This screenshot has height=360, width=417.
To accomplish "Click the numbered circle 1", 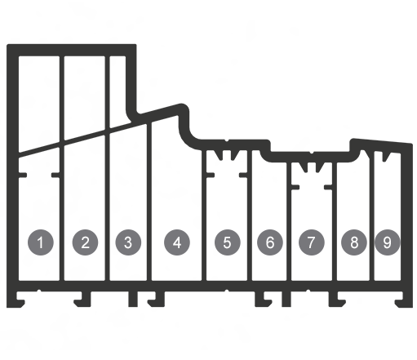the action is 41,242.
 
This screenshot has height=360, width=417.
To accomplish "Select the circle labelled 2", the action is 85,242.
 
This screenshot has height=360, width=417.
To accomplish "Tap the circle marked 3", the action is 128,242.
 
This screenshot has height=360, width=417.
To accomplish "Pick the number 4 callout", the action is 177,242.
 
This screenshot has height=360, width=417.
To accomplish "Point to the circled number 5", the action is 228,242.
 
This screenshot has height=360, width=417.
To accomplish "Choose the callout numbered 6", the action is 270,242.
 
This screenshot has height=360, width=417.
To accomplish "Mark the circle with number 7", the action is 312,242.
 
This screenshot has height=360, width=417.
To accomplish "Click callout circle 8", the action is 354,242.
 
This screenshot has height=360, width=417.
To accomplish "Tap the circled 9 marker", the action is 388,242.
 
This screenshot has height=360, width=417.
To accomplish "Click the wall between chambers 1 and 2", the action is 62,168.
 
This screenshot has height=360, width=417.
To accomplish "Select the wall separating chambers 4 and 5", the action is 204,215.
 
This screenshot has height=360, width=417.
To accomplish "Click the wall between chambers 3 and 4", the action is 149,202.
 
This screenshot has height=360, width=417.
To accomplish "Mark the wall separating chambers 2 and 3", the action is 107,168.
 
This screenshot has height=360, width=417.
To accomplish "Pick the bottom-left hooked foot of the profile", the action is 16,300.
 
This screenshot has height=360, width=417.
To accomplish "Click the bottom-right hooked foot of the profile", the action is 404,300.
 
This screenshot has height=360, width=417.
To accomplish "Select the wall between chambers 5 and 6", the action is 250,215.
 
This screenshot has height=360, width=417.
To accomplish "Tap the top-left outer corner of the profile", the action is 7,44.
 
